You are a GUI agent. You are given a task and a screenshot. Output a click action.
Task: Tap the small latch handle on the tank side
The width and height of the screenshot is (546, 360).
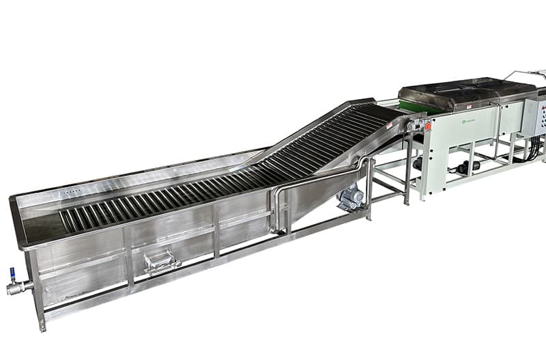click(x=162, y=261)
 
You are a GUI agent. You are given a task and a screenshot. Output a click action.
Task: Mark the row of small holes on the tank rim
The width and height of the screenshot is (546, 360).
click(x=70, y=193)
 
